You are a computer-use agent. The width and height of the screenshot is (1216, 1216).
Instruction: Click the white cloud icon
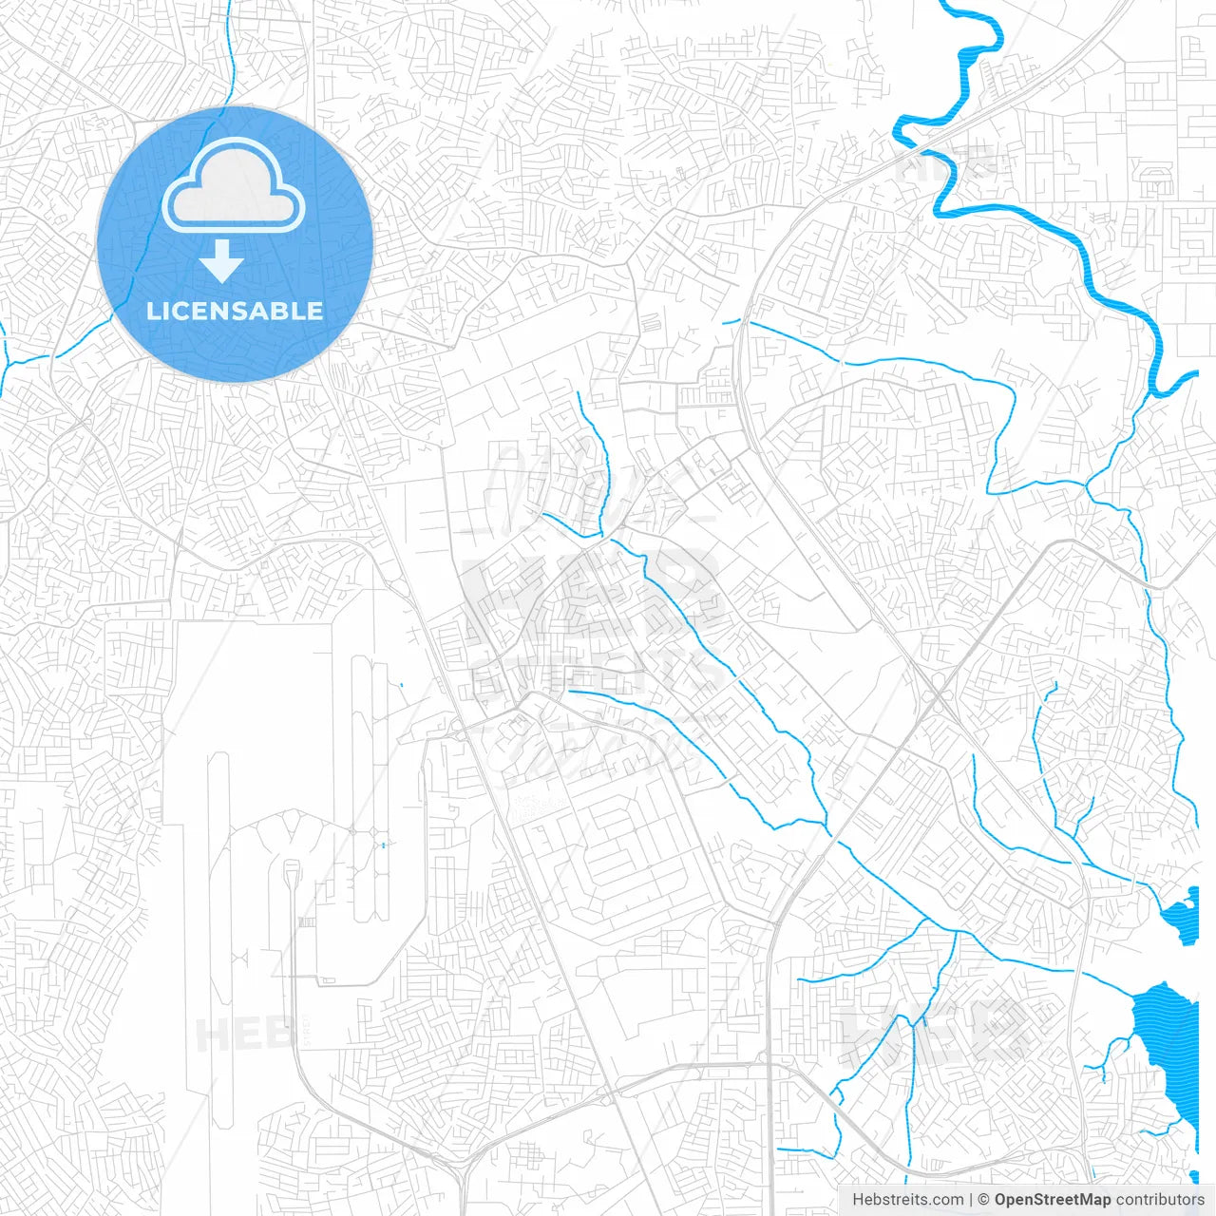coord(234,187)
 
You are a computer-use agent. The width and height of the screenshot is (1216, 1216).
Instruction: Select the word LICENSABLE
coord(235,311)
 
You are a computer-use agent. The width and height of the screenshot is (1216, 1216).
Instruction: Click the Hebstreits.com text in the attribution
coord(907,1200)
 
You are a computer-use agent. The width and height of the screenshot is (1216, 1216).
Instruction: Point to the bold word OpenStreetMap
coord(1052,1200)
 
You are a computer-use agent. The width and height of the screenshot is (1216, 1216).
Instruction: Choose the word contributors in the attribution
coord(1160,1200)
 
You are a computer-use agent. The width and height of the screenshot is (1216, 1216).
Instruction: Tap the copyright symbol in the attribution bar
coord(984,1200)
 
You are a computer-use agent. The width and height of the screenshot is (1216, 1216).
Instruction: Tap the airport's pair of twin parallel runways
coord(370,788)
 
